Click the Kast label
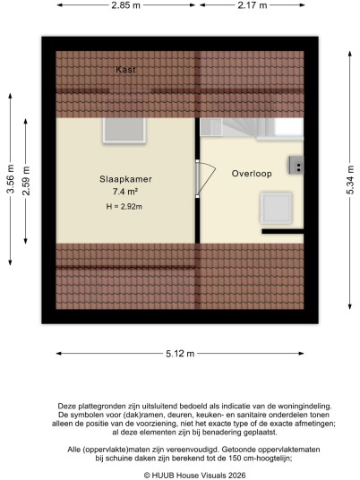(125, 70)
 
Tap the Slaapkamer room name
(125, 179)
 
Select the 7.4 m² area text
(125, 192)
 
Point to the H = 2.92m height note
(124, 207)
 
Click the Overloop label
(252, 174)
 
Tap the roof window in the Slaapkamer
(124, 131)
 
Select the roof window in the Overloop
(276, 209)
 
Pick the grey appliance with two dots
(296, 166)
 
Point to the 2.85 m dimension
(125, 5)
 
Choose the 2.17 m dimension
(253, 5)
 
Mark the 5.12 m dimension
(180, 354)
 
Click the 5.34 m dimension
(350, 180)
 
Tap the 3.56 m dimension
(11, 179)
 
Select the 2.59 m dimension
(26, 181)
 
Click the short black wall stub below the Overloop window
(283, 231)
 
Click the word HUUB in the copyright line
(160, 476)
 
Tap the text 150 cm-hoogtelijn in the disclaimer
(261, 459)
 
